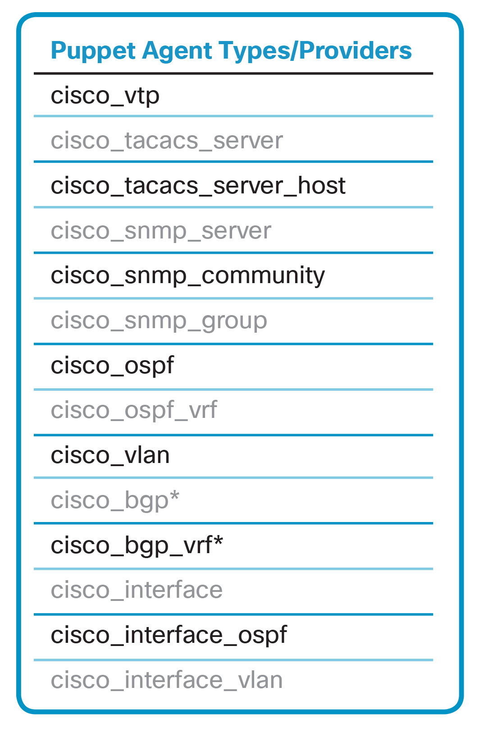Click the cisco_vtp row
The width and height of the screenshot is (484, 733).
(x=105, y=96)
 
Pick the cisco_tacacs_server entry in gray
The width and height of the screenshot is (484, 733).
(x=166, y=141)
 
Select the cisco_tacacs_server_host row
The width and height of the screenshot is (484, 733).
(x=198, y=186)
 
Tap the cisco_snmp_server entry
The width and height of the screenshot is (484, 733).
(x=160, y=231)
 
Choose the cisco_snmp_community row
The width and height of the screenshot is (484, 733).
(x=187, y=275)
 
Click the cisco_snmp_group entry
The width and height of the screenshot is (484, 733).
(x=159, y=321)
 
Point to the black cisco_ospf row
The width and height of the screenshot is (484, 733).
(x=112, y=366)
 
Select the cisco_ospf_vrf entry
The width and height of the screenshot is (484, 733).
(x=134, y=410)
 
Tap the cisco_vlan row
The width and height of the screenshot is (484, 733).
(x=110, y=455)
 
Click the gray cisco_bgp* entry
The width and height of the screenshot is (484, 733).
(x=114, y=500)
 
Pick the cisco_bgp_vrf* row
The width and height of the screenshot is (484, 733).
(x=137, y=545)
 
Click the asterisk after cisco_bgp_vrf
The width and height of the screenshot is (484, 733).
(x=218, y=540)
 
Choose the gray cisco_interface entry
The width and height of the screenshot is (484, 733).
(x=137, y=590)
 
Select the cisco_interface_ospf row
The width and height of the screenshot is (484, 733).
(x=169, y=635)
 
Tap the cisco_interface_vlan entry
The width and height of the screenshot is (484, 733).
(x=166, y=680)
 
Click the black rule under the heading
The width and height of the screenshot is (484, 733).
(x=233, y=73)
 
